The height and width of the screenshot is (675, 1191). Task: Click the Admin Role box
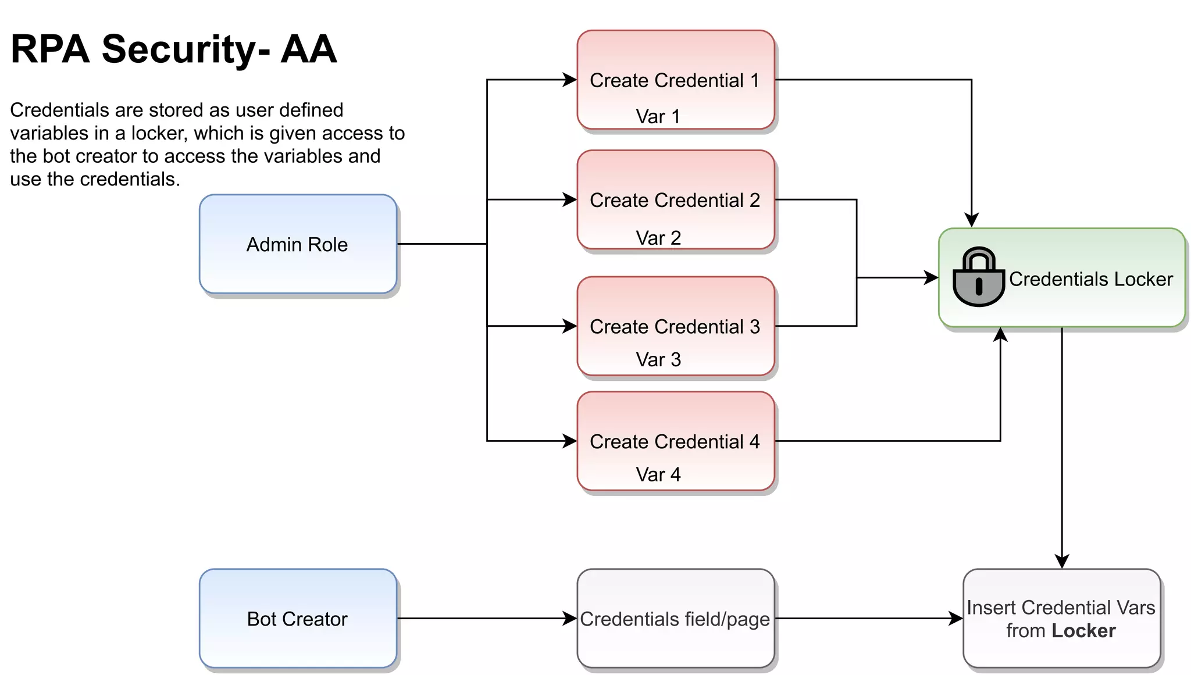tap(298, 244)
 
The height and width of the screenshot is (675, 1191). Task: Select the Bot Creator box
tap(298, 619)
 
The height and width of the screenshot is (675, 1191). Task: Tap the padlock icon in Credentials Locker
tap(979, 278)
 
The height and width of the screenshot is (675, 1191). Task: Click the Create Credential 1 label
tap(675, 80)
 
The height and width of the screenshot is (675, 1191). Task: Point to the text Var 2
tap(658, 238)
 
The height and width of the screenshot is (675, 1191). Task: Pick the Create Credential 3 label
tap(675, 327)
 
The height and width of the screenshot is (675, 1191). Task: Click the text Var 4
tap(658, 474)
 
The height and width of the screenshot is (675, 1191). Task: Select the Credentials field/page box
tap(675, 619)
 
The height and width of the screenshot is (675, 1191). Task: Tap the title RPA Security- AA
tap(173, 49)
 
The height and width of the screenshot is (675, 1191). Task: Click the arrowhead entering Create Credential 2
tap(570, 200)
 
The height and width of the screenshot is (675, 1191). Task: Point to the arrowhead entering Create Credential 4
tap(570, 441)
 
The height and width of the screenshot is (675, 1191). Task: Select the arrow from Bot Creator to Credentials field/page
tap(483, 619)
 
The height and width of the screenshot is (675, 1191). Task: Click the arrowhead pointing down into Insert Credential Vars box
tap(1062, 562)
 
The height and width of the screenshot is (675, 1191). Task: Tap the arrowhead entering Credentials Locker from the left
tap(932, 278)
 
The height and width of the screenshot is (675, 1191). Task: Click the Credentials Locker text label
tap(1091, 279)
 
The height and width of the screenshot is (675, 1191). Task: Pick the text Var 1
tap(658, 116)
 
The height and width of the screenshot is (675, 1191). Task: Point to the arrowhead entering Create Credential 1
tap(570, 80)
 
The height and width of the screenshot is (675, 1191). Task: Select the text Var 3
tap(658, 359)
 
